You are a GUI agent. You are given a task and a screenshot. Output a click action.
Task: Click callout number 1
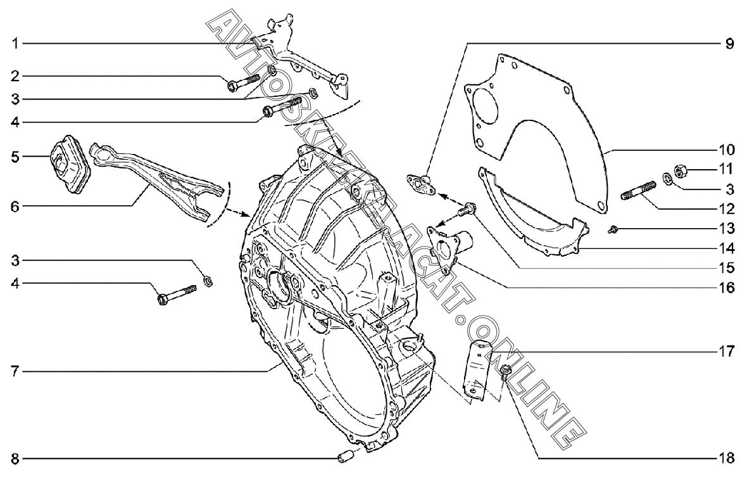coord(15,44)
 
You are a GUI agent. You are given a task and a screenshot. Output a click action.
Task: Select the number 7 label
coord(15,371)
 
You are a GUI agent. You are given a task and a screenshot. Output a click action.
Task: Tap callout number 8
coord(15,459)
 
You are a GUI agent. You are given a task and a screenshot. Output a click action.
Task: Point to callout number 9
coord(729,44)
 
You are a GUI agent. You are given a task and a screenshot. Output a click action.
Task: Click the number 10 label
coord(727,150)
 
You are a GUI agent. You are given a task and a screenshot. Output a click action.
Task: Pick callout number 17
coord(727,352)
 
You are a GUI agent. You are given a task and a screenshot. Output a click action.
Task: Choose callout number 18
coord(727,459)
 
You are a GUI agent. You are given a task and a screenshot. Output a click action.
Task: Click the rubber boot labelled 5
coord(68,163)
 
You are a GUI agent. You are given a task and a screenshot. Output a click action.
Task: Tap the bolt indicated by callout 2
coord(243,81)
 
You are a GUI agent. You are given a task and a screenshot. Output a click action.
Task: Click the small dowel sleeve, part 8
coord(344,459)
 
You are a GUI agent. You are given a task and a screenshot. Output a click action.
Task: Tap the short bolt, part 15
coord(467,209)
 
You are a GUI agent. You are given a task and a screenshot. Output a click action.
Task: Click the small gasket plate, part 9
coord(421,184)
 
